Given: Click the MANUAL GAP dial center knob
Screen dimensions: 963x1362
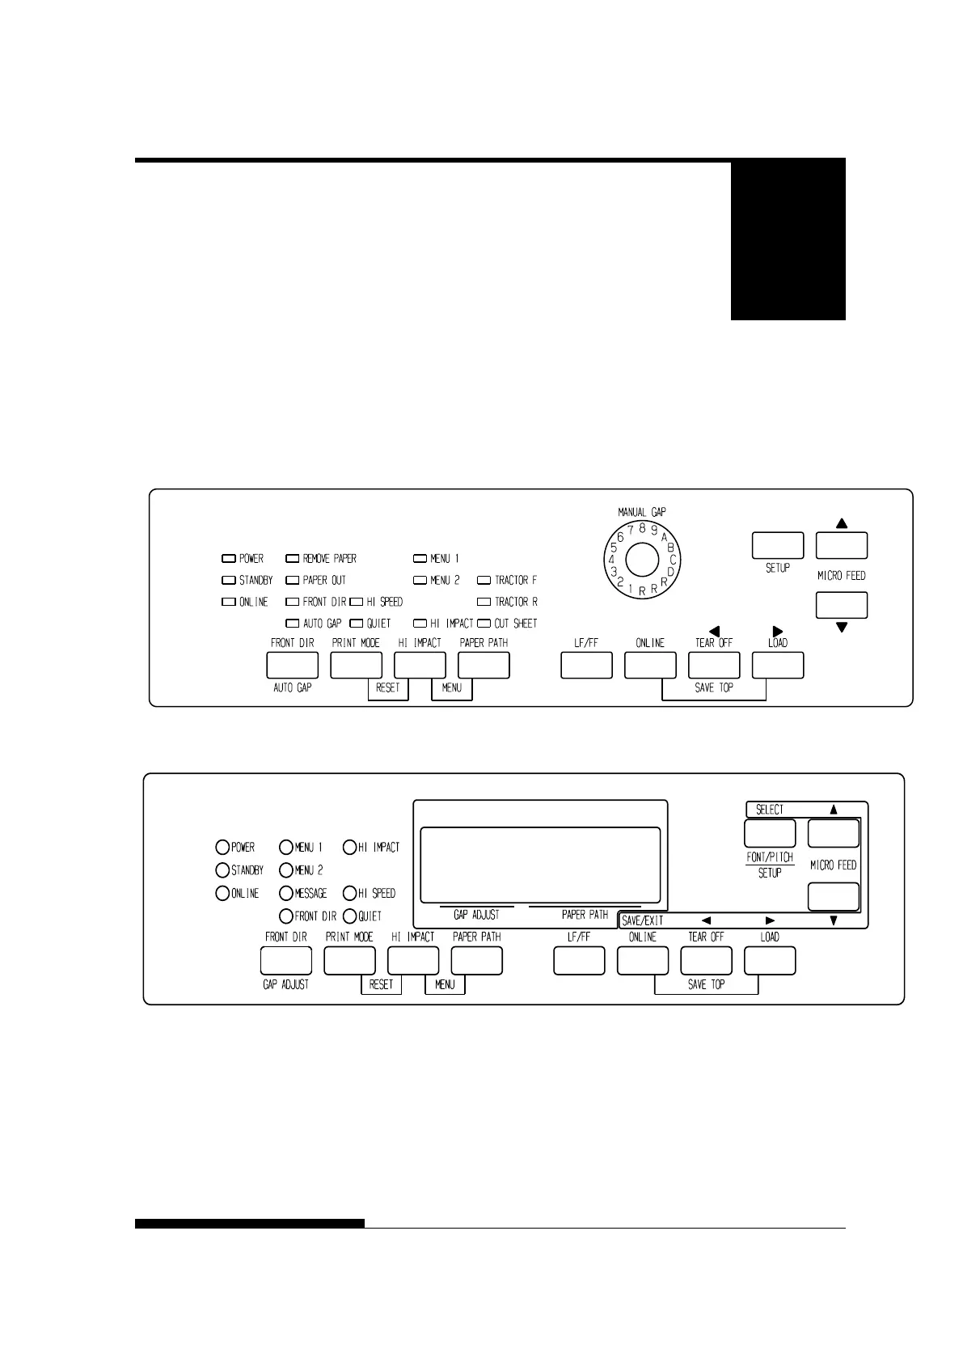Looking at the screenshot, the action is [641, 560].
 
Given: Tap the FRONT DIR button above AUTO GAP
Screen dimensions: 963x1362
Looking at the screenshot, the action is [292, 664].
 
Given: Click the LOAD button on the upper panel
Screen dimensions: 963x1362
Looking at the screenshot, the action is [777, 664].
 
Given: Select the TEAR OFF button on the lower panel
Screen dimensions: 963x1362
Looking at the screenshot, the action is [706, 960].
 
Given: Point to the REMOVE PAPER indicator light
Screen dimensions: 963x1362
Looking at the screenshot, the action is [293, 558].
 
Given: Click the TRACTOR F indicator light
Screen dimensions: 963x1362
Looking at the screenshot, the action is [484, 580].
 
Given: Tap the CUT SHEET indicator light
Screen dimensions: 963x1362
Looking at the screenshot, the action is [484, 624].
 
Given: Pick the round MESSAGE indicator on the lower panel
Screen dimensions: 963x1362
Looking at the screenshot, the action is [286, 894].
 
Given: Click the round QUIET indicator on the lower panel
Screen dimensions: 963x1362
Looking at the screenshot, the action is [349, 916].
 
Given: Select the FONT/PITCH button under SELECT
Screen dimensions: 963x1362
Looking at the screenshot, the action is [769, 833].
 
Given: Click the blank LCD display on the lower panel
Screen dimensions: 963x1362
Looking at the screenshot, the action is [540, 864].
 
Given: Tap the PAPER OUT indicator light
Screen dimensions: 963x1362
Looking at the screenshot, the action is [293, 580].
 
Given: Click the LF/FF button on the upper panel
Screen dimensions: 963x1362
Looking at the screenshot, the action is [586, 664].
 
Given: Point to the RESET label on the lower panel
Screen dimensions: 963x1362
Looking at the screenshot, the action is [381, 984].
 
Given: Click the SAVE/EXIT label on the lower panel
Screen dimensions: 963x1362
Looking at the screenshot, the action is [643, 920].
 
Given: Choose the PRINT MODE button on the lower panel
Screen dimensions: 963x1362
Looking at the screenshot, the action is [349, 960].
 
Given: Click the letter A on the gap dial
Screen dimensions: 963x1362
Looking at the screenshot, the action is [664, 535].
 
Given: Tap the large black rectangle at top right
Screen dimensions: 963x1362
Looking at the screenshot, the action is [788, 239].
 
